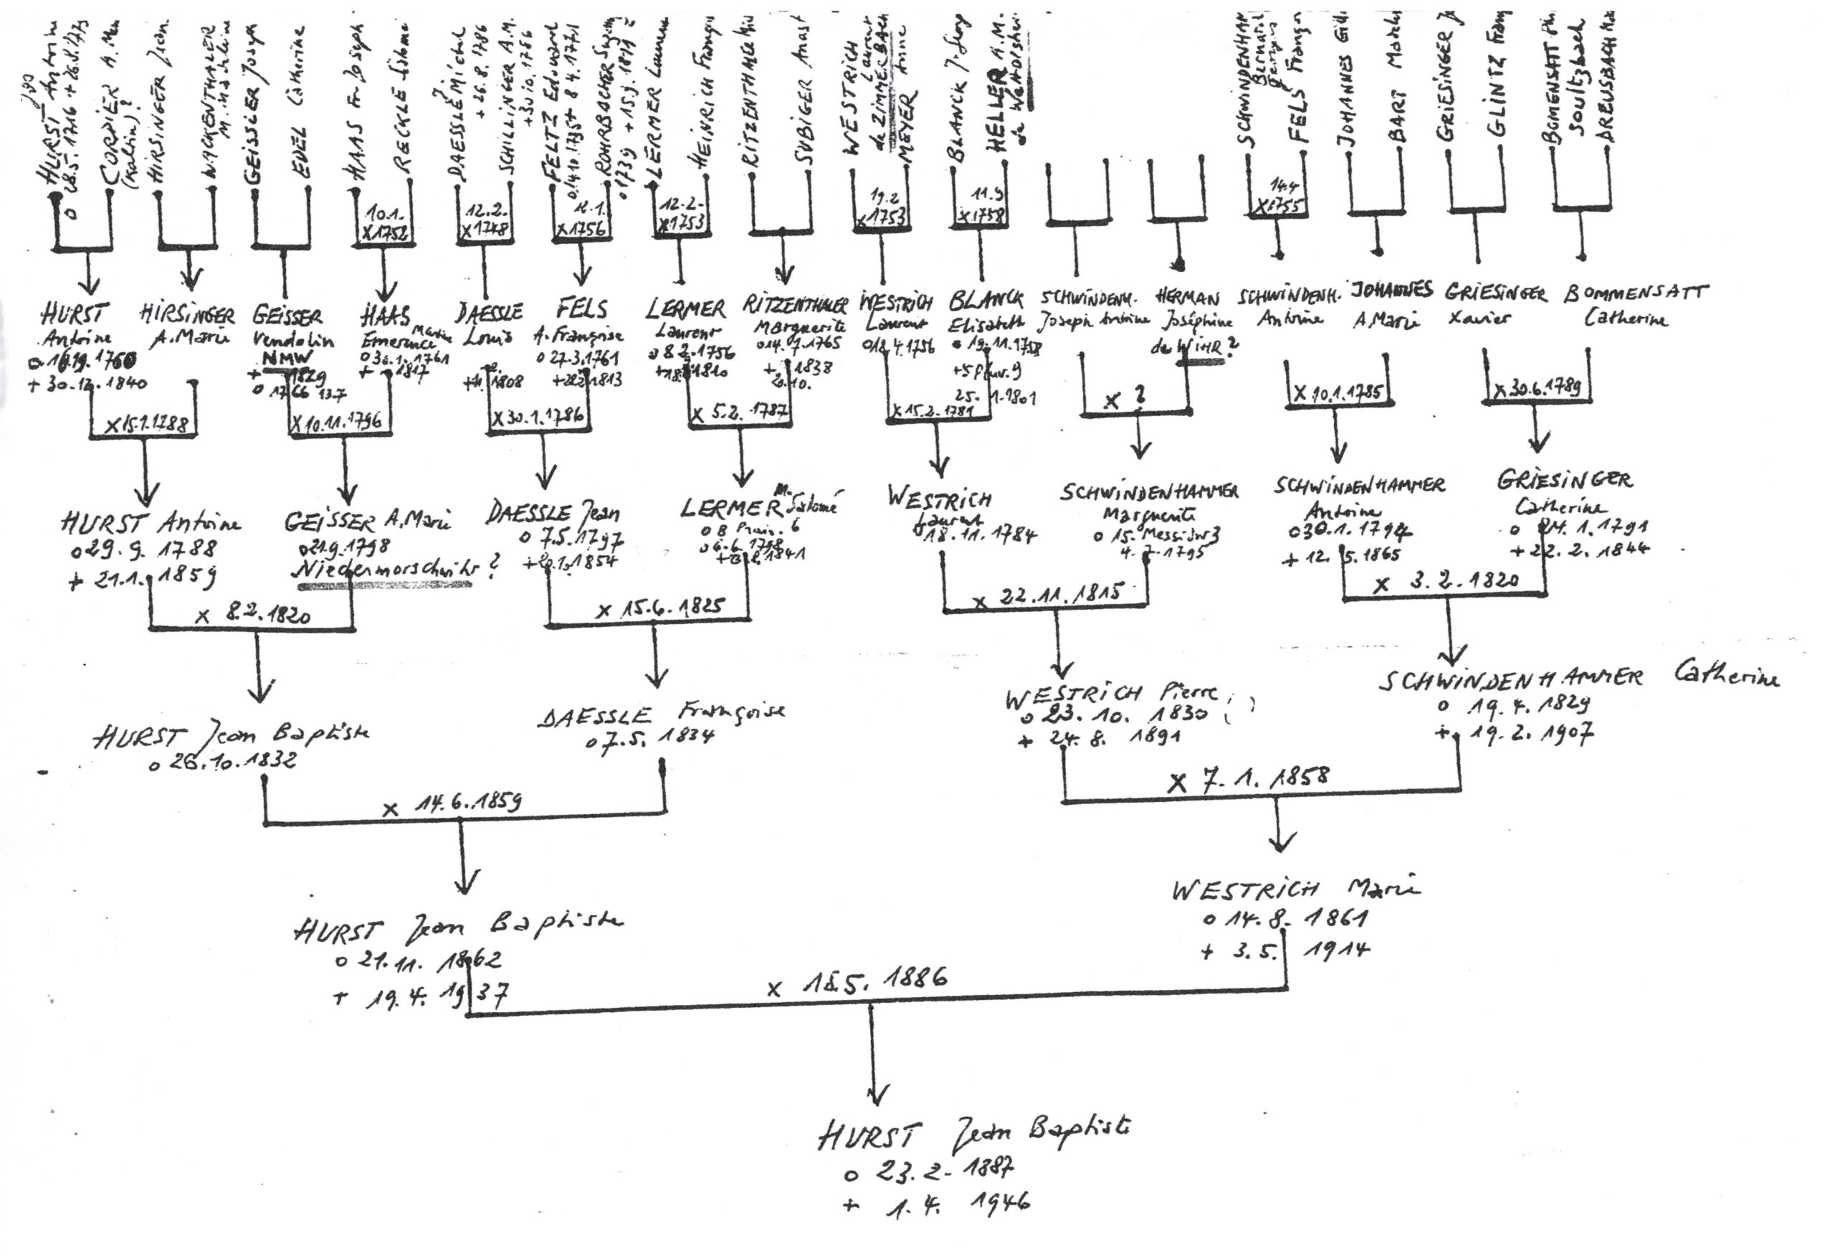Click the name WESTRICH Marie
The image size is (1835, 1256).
pos(1295,889)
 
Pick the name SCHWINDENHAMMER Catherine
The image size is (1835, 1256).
pos(1578,678)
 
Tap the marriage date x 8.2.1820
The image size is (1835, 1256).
pos(252,615)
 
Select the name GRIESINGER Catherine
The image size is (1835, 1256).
pos(1564,491)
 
